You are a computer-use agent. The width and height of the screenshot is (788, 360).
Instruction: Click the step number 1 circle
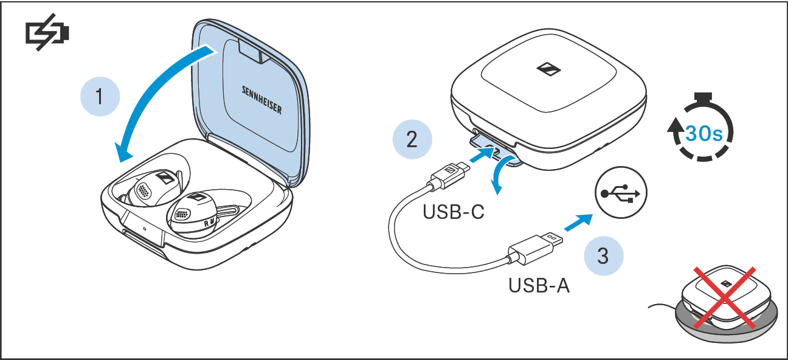[100, 97]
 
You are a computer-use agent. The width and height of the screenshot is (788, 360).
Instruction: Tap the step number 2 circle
[412, 139]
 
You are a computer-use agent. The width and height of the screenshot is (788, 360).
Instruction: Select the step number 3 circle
[603, 256]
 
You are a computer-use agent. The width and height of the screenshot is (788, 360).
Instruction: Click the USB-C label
[454, 213]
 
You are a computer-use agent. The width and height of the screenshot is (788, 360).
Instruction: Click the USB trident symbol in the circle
[621, 194]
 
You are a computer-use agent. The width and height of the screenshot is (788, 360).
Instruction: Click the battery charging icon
[47, 33]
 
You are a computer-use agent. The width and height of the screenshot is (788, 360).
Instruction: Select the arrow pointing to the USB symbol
[577, 222]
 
